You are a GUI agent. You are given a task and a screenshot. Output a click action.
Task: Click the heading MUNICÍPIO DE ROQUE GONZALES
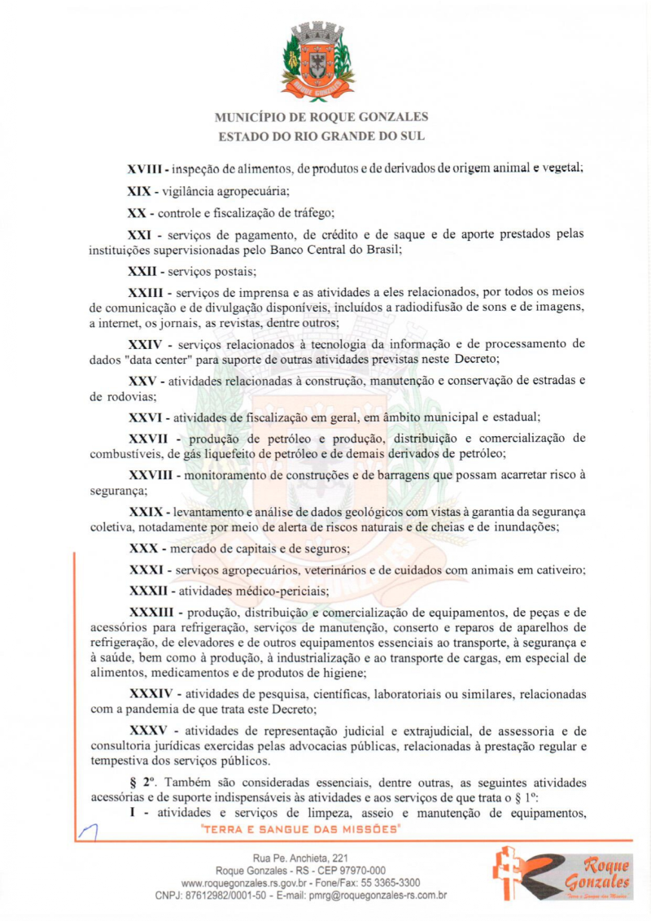click(321, 117)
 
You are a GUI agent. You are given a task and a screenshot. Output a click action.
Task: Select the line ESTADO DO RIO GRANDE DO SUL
click(321, 137)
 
